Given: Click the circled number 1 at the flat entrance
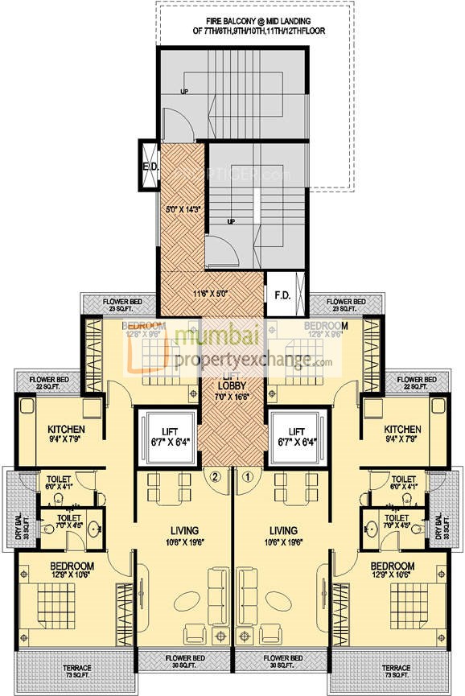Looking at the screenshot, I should point(249,476).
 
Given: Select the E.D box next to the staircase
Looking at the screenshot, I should point(149,167).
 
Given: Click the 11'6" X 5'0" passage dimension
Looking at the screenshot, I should point(211,294).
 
